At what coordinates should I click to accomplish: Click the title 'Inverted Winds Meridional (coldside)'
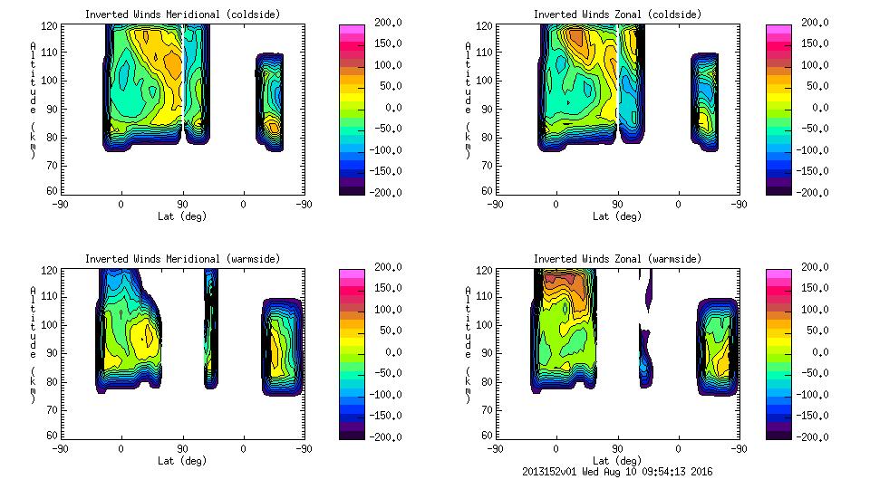point(182,14)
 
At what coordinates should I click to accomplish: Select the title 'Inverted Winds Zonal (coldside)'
point(617,14)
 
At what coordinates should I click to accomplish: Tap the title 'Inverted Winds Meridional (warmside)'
point(182,259)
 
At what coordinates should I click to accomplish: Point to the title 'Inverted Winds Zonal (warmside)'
point(617,259)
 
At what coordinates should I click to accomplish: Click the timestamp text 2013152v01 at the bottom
point(555,472)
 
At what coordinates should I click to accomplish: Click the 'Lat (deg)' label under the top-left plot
point(182,216)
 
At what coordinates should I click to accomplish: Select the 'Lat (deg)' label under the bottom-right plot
point(617,461)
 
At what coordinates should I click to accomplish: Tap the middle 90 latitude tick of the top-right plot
point(618,205)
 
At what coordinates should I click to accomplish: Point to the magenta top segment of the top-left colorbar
point(350,29)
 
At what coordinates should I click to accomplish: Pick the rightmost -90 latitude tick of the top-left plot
point(304,205)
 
